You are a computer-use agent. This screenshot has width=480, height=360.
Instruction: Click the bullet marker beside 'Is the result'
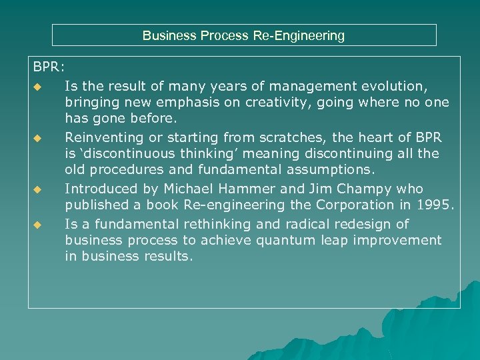[x=38, y=87]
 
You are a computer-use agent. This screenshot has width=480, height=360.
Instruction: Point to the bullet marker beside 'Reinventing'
[x=38, y=139]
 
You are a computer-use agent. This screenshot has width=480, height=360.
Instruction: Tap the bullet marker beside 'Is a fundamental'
[x=38, y=225]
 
